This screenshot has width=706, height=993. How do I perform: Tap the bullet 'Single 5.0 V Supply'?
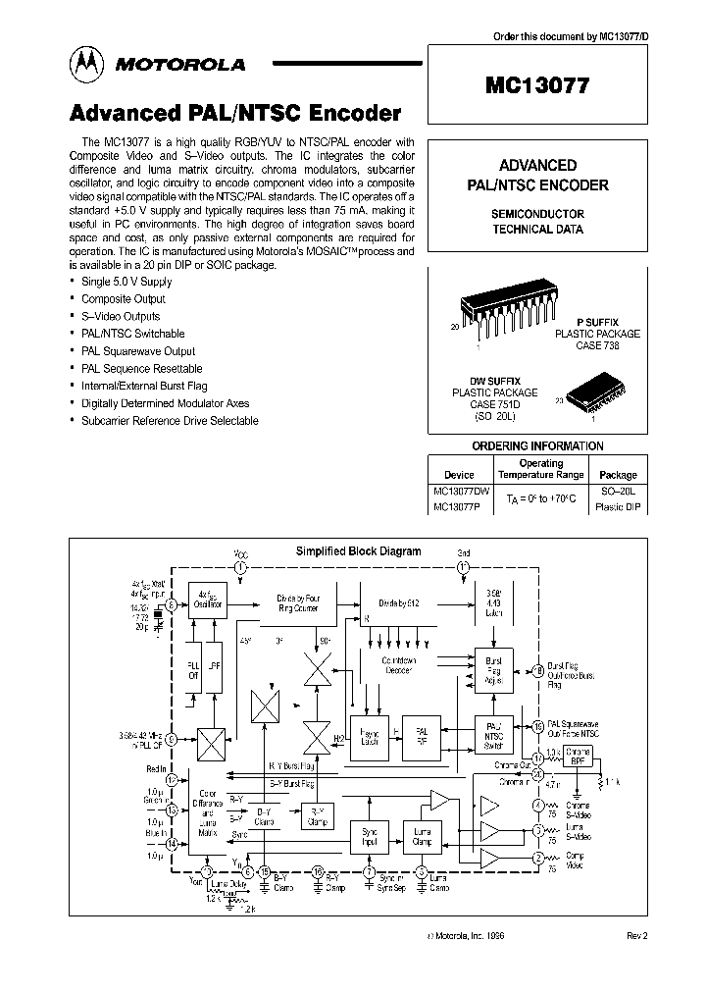point(126,282)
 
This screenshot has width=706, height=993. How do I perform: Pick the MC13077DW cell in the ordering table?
point(459,491)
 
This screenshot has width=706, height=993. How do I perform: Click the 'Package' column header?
point(618,474)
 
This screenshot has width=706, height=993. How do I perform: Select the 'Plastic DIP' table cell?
point(618,507)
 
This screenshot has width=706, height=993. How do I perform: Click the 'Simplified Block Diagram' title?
point(358,551)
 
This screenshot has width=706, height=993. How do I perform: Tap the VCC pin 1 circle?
point(241,567)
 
